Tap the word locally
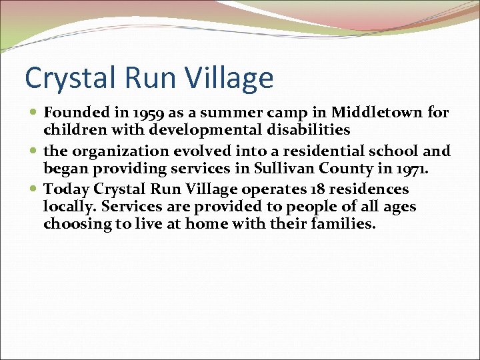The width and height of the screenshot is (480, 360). tap(69, 207)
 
